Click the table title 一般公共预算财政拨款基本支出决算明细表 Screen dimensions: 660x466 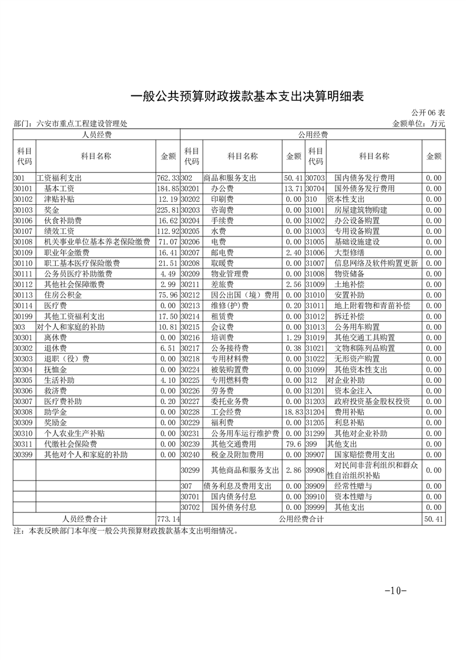246,96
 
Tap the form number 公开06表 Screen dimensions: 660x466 428,112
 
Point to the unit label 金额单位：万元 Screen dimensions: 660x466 418,124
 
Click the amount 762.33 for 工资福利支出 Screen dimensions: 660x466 167,178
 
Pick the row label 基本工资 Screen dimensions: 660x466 59,188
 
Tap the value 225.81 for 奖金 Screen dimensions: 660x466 167,210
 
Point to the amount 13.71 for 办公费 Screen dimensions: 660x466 293,188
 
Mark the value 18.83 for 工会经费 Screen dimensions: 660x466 293,412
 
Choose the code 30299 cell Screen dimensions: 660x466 191,470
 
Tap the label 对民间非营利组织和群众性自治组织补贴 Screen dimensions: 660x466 374,470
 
